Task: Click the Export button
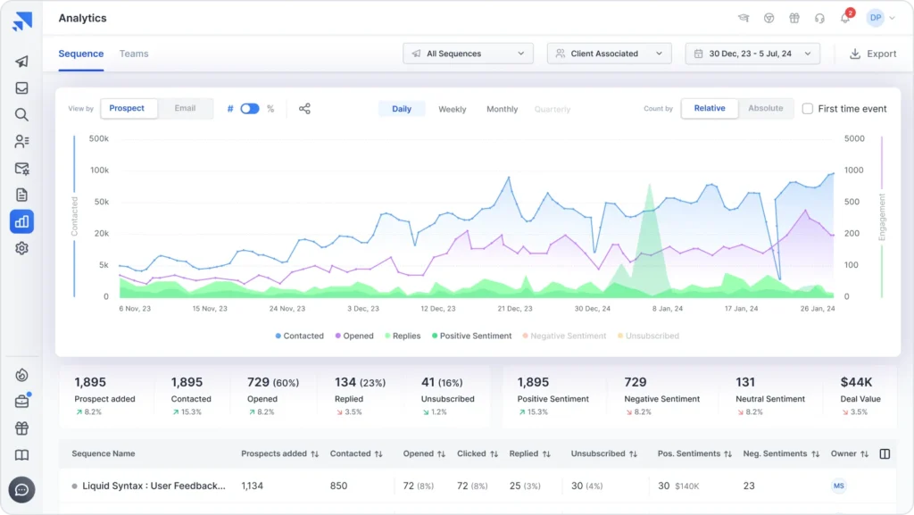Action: [872, 54]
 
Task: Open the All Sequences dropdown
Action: [468, 54]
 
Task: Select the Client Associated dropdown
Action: [609, 54]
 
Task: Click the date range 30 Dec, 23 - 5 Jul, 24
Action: [752, 54]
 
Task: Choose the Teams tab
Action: [134, 54]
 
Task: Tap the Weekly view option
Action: [452, 109]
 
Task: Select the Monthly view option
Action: [502, 109]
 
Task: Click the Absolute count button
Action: [765, 108]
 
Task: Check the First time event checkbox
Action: [808, 109]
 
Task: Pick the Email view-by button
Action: [185, 108]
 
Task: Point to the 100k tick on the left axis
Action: [99, 170]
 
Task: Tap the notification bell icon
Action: [844, 19]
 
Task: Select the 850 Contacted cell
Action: [339, 486]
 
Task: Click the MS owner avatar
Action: [839, 486]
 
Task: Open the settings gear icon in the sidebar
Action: [21, 248]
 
